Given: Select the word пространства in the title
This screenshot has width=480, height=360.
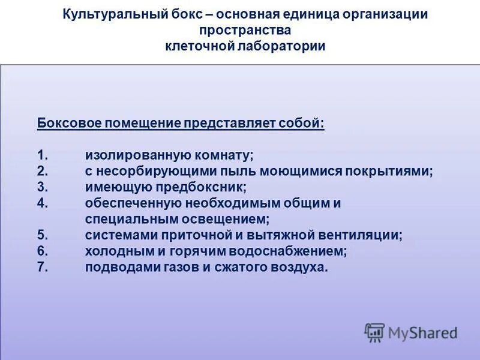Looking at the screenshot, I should pyautogui.click(x=245, y=30).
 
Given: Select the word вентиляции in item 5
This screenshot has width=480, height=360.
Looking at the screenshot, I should pyautogui.click(x=365, y=235).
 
